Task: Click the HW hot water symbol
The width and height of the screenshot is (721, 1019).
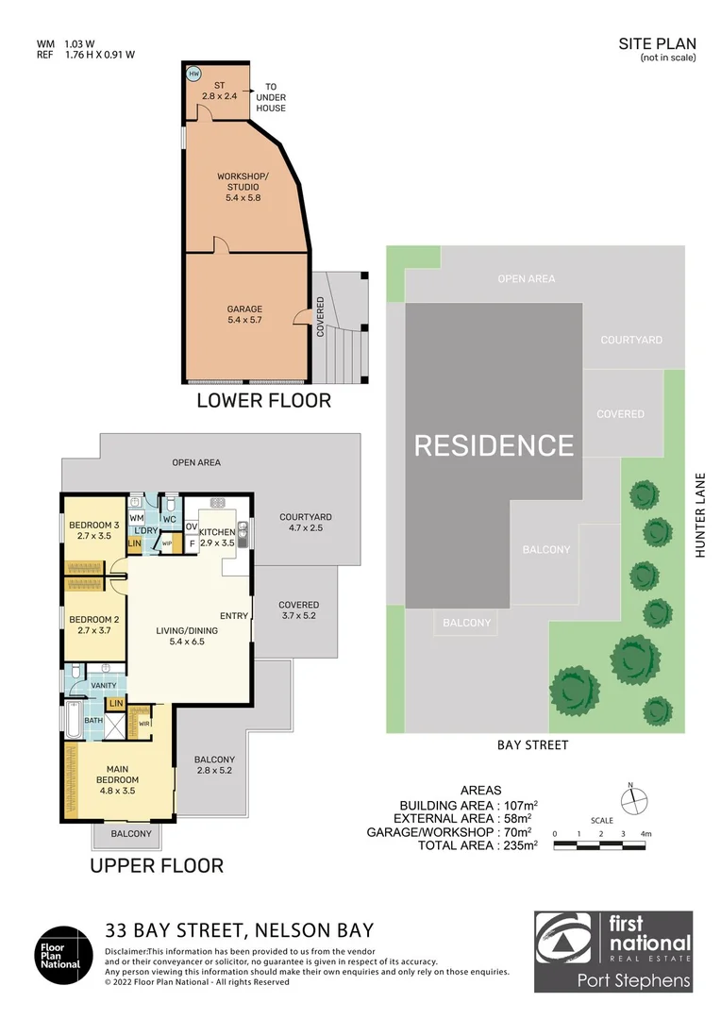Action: [193, 75]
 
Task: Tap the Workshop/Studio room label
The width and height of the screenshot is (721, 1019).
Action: [243, 187]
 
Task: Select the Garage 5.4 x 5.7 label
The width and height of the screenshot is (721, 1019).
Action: [244, 314]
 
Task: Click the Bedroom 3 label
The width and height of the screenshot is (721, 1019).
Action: [94, 530]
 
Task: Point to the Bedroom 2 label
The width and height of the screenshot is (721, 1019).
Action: [94, 625]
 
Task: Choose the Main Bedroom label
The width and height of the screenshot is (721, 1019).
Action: [118, 780]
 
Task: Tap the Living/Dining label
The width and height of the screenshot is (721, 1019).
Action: [187, 636]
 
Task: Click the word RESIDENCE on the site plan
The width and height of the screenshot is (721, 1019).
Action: [495, 445]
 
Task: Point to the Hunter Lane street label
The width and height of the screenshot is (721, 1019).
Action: [700, 515]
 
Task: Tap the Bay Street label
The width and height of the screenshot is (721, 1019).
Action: [532, 745]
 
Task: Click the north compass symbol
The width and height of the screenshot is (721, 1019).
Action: [633, 799]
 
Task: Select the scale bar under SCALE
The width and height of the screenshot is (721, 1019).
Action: [599, 845]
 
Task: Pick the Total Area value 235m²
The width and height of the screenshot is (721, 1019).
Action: [520, 844]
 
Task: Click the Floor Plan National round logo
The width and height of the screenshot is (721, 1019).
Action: [63, 955]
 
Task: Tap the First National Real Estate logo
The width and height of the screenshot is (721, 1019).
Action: [613, 951]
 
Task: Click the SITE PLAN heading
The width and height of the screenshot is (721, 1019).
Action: [657, 43]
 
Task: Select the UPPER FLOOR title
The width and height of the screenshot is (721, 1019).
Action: [157, 865]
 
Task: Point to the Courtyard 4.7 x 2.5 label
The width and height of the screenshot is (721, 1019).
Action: [306, 523]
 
